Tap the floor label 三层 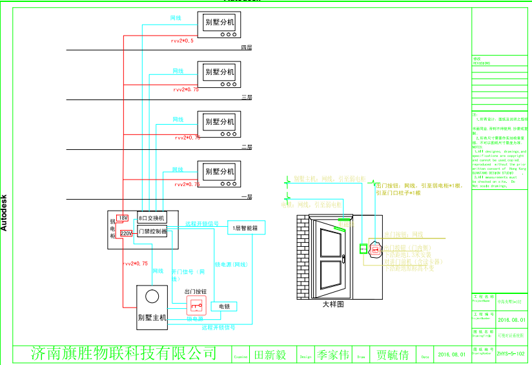point(246,98)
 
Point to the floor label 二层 point(246,147)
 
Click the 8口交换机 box point(152,219)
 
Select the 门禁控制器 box point(152,231)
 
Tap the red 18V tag point(123,218)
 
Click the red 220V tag point(126,233)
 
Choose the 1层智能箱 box point(246,228)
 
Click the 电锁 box point(224,306)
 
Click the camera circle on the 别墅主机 point(152,297)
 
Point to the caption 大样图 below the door point(333,304)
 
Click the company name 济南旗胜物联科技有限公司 point(124,353)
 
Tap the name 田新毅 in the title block point(271,355)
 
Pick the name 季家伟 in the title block point(333,355)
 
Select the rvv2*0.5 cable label point(182,41)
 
